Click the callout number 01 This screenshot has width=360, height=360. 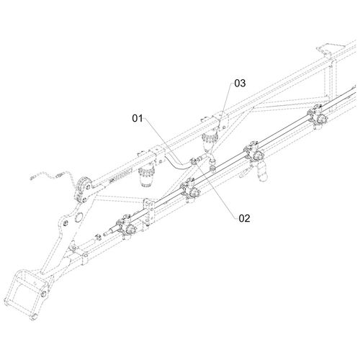click(x=138, y=118)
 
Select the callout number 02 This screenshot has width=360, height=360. click(x=244, y=218)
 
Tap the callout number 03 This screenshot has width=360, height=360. click(x=240, y=84)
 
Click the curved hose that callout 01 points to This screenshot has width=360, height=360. click(x=178, y=163)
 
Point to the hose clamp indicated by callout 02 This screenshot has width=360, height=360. click(x=194, y=161)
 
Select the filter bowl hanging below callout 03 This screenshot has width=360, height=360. click(x=210, y=143)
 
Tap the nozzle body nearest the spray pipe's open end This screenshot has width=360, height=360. click(x=125, y=226)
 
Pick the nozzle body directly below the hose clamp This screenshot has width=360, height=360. click(x=191, y=189)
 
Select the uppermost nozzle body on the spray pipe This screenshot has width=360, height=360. click(x=318, y=115)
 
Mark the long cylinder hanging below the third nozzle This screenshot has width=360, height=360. click(x=261, y=171)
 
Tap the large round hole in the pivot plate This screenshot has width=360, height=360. click(x=78, y=217)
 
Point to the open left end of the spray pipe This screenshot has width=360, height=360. click(x=105, y=233)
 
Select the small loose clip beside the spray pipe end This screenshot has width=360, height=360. click(x=97, y=237)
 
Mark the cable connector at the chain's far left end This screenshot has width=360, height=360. click(x=32, y=177)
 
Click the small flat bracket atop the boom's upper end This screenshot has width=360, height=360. click(x=325, y=49)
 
